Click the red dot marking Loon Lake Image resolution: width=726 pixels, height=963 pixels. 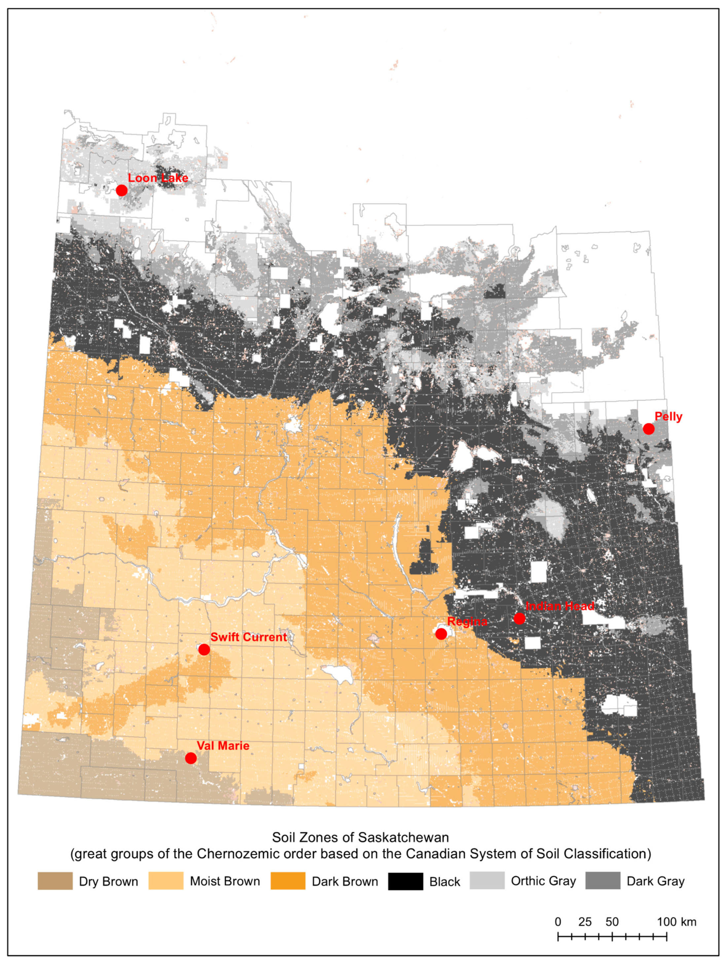click(x=122, y=190)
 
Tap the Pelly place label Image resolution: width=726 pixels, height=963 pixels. click(x=668, y=417)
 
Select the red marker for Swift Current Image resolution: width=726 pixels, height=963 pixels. click(x=204, y=649)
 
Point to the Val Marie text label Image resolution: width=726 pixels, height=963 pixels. click(x=223, y=746)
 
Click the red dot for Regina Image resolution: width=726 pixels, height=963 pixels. click(x=441, y=634)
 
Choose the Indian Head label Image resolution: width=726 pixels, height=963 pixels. click(x=560, y=606)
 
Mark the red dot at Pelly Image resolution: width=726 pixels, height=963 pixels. click(x=648, y=429)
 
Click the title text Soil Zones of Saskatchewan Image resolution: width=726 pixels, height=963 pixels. click(x=360, y=837)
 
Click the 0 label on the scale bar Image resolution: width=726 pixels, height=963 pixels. click(x=558, y=922)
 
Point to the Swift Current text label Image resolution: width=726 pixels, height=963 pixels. click(x=248, y=637)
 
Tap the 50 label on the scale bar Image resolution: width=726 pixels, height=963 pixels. click(x=612, y=922)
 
